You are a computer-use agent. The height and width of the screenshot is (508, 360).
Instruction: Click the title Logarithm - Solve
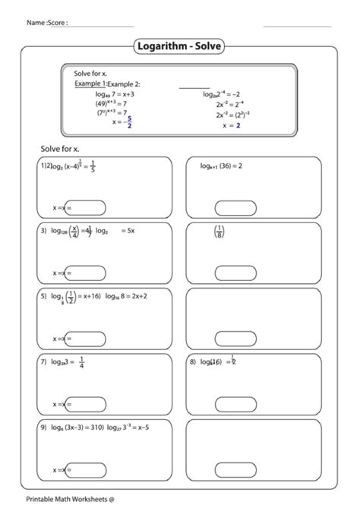coord(179,46)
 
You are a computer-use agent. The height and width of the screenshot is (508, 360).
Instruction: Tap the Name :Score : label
coord(47,23)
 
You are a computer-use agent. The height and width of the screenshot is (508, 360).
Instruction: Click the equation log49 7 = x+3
coord(114,94)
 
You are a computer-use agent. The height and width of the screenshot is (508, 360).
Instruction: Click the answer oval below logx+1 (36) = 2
coord(236,207)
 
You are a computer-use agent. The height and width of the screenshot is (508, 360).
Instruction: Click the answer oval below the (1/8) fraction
coord(236,273)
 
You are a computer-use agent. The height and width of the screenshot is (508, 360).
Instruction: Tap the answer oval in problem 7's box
coord(85,403)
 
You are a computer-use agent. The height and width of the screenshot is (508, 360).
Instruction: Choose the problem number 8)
coord(193,362)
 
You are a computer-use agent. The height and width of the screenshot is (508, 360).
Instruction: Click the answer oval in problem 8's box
coord(236,403)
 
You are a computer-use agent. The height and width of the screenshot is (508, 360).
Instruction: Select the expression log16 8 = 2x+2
coord(126,296)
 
